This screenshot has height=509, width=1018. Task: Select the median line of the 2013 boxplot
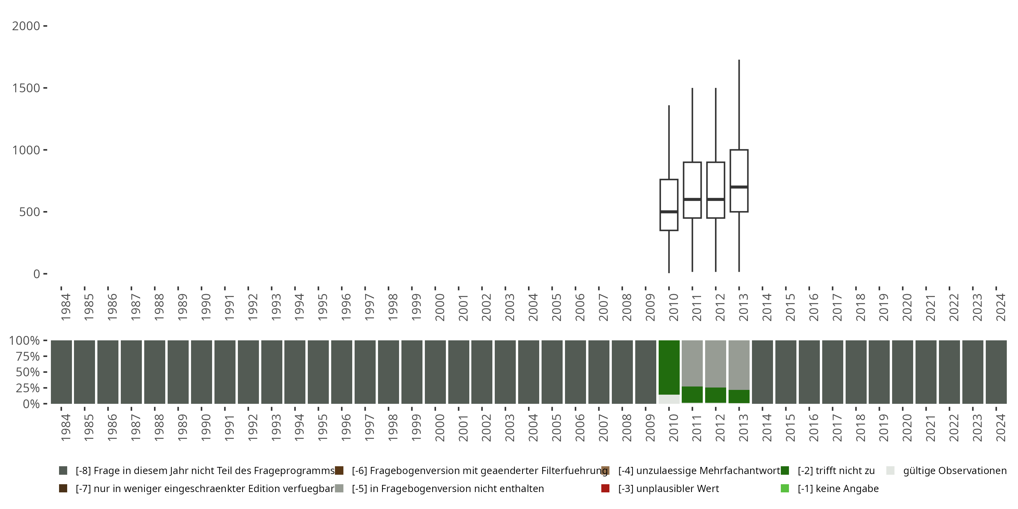[x=739, y=187]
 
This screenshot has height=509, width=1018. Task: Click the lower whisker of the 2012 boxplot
[x=716, y=245]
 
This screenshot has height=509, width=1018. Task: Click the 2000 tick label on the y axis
[x=26, y=26]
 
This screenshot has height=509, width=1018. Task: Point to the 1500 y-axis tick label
[x=26, y=88]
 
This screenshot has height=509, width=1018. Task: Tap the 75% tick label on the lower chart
[x=28, y=356]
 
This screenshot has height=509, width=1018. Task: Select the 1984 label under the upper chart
[x=65, y=307]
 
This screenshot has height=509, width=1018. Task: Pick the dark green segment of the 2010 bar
[x=669, y=367]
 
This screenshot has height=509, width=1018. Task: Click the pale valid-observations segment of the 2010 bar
[x=669, y=399]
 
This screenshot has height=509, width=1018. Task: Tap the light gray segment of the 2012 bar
[x=716, y=363]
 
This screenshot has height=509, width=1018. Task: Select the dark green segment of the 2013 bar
[x=739, y=396]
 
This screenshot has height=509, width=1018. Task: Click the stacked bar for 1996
[x=341, y=372]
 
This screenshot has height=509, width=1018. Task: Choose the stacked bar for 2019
[x=879, y=372]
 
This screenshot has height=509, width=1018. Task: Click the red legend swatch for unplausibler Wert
[x=605, y=488]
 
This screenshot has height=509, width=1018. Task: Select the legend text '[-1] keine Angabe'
[x=838, y=488]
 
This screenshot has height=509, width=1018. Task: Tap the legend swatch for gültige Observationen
[x=890, y=471]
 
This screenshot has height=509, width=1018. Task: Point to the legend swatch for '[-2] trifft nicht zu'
[x=785, y=471]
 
